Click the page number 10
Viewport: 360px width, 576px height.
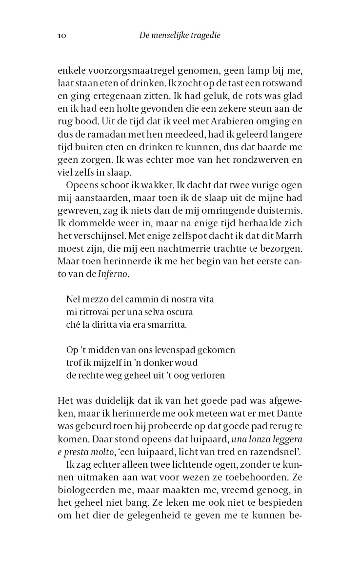[61, 35]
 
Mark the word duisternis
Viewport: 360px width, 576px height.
[280, 209]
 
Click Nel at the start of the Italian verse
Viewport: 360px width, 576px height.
[72, 299]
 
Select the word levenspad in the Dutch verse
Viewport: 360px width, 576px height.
[177, 350]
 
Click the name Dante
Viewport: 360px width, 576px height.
[289, 413]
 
